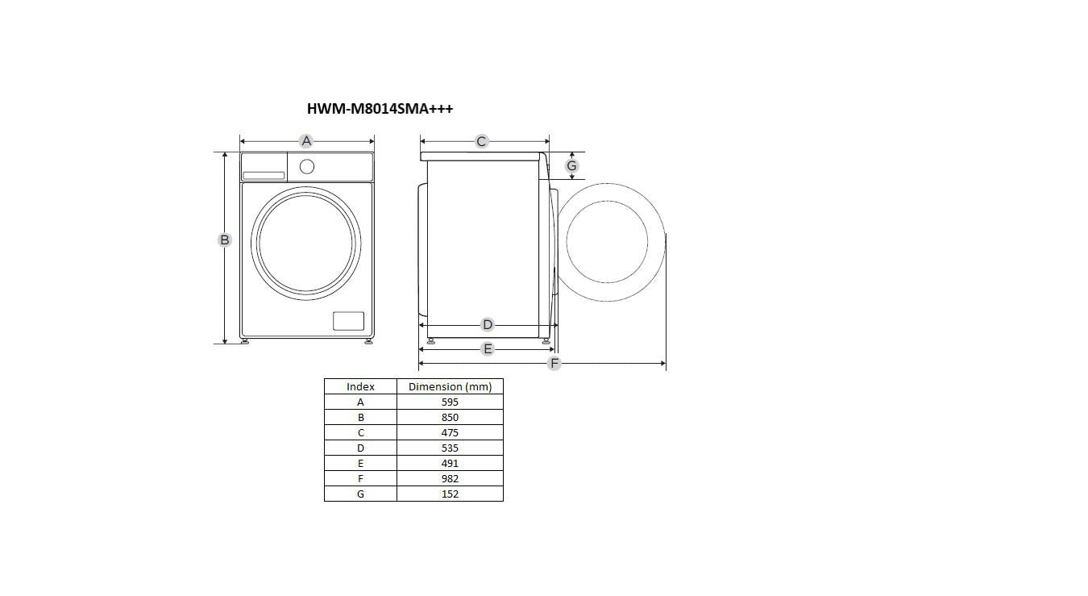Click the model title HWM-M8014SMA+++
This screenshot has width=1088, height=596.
click(x=380, y=108)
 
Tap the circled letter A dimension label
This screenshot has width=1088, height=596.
click(x=306, y=141)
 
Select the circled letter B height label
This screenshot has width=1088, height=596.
click(x=224, y=240)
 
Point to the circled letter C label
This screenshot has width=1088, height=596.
click(x=481, y=141)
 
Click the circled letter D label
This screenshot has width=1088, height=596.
click(x=487, y=324)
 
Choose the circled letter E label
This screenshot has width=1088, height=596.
click(x=487, y=348)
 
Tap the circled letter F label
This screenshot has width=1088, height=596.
click(x=554, y=363)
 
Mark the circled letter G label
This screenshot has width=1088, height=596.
click(x=571, y=166)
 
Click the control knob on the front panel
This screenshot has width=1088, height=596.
click(x=307, y=167)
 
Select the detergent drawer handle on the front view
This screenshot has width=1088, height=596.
click(x=264, y=176)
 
